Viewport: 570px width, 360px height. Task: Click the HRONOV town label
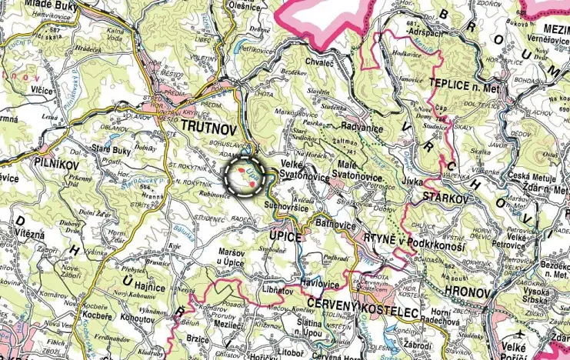tap(468, 293)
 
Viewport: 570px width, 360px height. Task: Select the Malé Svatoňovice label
tap(362, 173)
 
